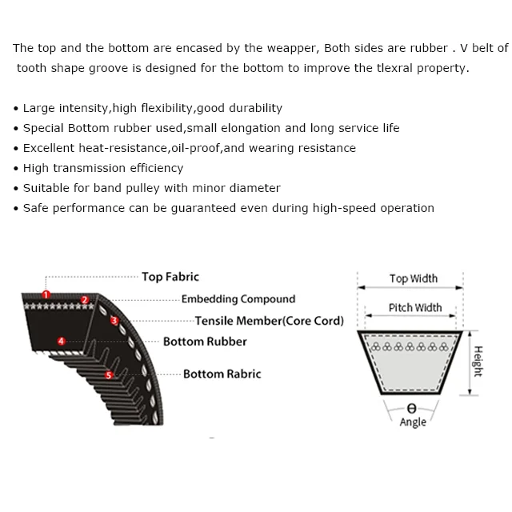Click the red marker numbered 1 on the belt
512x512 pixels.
pyautogui.click(x=46, y=295)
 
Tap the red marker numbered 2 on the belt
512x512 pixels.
pyautogui.click(x=85, y=301)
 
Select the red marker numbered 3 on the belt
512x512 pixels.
pyautogui.click(x=114, y=321)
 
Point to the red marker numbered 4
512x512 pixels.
pyautogui.click(x=62, y=342)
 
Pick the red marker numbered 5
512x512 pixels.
pyautogui.click(x=110, y=374)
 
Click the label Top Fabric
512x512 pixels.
pyautogui.click(x=170, y=277)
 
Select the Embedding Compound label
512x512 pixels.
pyautogui.click(x=238, y=299)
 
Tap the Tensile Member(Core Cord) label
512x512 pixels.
pyautogui.click(x=269, y=321)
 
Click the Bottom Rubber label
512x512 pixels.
pyautogui.click(x=205, y=342)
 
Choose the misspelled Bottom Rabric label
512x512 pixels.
pyautogui.click(x=222, y=374)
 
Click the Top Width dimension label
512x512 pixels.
pyautogui.click(x=414, y=278)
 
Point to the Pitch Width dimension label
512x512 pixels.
pyautogui.click(x=415, y=307)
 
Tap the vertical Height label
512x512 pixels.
pyautogui.click(x=478, y=362)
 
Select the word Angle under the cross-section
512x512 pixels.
pyautogui.click(x=413, y=422)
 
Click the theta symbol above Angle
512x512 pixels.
pyautogui.click(x=412, y=409)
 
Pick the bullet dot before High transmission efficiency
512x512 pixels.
pyautogui.click(x=16, y=169)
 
